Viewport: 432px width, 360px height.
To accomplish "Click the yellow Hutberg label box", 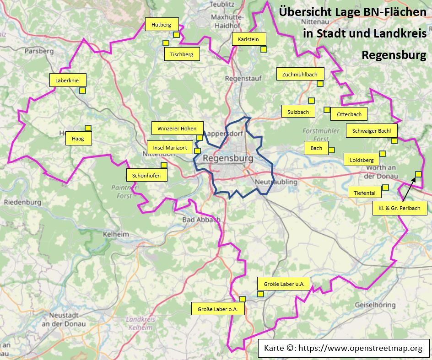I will click(x=162, y=25).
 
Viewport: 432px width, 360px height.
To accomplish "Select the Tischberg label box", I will click(x=182, y=54).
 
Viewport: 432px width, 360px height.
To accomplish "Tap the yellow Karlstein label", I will click(x=248, y=39).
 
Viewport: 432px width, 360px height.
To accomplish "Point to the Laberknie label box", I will click(x=67, y=81).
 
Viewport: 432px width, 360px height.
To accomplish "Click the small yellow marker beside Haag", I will click(x=88, y=128).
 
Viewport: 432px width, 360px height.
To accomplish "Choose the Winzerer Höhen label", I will click(x=177, y=129).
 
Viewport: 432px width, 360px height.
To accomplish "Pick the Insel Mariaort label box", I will click(x=170, y=148).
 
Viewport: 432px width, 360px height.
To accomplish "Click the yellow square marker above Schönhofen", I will click(x=164, y=165).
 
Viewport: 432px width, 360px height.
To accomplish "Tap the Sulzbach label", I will click(x=298, y=112).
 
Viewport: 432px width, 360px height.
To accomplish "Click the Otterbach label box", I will click(x=349, y=114).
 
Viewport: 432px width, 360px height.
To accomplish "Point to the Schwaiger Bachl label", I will click(x=372, y=131).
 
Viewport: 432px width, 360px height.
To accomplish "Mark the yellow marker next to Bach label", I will click(x=331, y=150).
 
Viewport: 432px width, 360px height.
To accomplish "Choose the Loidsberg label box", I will click(x=362, y=160).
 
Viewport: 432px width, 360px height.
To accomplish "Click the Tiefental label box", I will click(x=365, y=193).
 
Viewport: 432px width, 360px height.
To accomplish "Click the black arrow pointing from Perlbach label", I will click(x=409, y=189).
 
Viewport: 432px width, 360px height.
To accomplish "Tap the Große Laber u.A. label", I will click(x=284, y=284).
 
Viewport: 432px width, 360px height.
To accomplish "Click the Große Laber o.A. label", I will click(x=218, y=309).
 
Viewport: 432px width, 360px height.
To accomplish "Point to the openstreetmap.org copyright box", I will click(x=344, y=349).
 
